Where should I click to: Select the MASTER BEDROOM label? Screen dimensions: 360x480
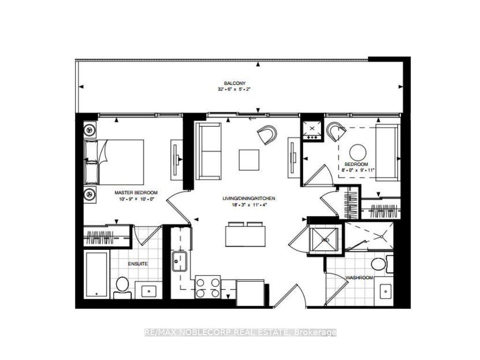[x=136, y=193]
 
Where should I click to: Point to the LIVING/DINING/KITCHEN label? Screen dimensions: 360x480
[x=248, y=199]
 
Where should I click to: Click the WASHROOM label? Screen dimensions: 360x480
[x=359, y=277]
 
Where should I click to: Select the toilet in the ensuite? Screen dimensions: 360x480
[x=122, y=286]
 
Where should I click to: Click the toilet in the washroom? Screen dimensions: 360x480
[x=378, y=264]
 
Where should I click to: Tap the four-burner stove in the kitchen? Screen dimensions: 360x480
[x=208, y=287]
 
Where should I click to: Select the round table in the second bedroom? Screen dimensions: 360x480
[x=358, y=152]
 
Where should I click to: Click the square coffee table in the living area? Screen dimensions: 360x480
[x=248, y=160]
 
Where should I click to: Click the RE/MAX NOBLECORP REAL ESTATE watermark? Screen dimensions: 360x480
[x=240, y=333]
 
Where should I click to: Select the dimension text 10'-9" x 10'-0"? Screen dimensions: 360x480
[x=136, y=199]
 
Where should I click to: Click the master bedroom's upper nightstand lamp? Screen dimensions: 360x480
[x=90, y=129]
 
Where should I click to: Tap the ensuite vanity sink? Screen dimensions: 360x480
[x=149, y=290]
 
